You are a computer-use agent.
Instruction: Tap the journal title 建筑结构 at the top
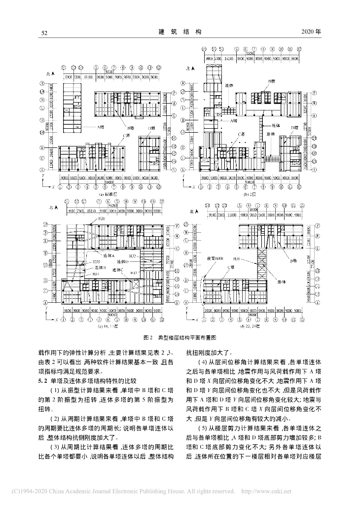coord(180,32)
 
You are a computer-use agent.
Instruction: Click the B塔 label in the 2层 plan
coord(271,80)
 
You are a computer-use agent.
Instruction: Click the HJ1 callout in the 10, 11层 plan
coord(102,218)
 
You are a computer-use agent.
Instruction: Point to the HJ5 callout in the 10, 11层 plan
coord(97,261)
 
